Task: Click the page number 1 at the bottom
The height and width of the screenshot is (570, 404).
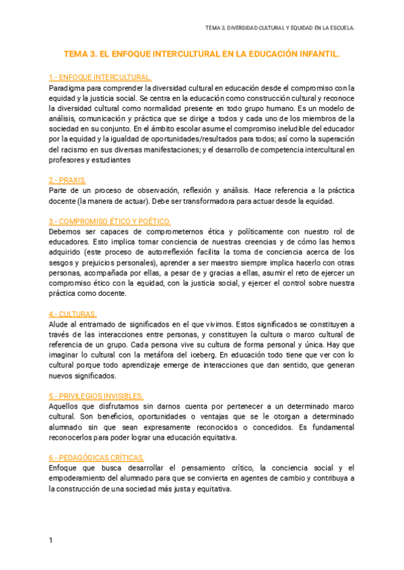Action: (x=50, y=540)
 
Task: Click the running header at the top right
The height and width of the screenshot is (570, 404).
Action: (x=279, y=28)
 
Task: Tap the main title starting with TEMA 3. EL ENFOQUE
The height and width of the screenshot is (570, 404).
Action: (x=201, y=53)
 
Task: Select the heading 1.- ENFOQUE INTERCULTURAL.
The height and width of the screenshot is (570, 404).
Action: (x=100, y=77)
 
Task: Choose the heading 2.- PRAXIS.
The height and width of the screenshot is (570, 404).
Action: (x=67, y=180)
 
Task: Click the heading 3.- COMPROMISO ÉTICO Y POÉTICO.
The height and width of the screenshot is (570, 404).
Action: (x=110, y=221)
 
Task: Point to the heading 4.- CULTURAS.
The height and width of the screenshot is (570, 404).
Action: (x=73, y=314)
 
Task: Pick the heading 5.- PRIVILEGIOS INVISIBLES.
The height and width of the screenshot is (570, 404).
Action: (x=96, y=396)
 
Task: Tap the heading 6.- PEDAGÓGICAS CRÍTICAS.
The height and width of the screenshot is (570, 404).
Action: (x=96, y=458)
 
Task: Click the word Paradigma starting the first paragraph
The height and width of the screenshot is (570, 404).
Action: (x=67, y=87)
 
